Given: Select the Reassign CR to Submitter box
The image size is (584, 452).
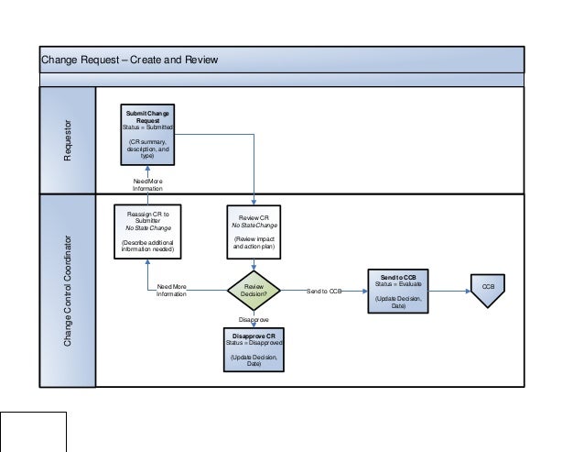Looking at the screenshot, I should click(x=146, y=232).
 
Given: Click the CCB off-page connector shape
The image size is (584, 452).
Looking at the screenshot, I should click(x=488, y=289).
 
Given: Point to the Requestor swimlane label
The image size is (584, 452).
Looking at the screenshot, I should click(x=67, y=140).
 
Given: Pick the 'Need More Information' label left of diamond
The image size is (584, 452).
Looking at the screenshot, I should click(x=171, y=291).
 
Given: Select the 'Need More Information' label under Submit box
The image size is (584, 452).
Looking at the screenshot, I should click(x=146, y=184).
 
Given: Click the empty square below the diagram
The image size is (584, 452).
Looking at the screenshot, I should click(x=34, y=432).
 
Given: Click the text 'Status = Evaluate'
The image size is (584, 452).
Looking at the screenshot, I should click(x=397, y=284).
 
